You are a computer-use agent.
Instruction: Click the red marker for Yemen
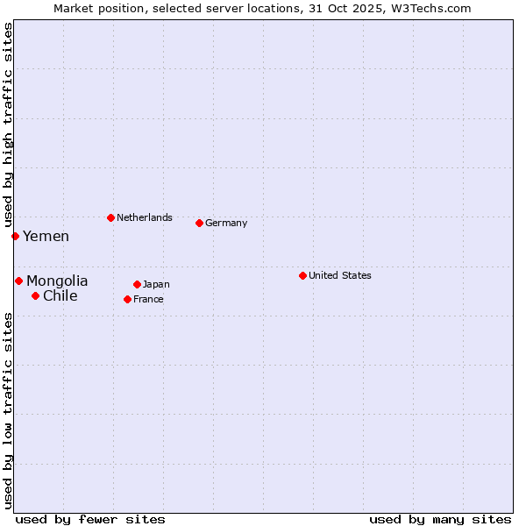point(15,236)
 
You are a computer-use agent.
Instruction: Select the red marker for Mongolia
point(18,281)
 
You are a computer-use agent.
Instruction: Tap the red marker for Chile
point(35,295)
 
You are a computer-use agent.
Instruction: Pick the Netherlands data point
point(110,217)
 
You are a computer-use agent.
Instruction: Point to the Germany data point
point(199,223)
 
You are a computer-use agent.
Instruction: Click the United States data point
point(302,275)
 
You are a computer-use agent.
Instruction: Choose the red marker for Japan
point(137,284)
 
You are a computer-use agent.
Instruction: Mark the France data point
point(127,299)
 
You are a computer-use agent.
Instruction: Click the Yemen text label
point(46,236)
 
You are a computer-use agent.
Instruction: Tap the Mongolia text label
point(57,281)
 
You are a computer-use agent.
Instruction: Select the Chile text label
point(60,295)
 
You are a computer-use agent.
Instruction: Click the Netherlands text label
point(145,217)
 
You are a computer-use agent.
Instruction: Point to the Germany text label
point(226,223)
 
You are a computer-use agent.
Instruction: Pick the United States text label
point(340,275)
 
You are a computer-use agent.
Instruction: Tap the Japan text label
point(156,284)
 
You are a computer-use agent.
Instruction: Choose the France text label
point(148,299)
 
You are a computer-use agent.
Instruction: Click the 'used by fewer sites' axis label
point(90,519)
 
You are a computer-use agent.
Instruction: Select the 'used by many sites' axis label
point(440,519)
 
